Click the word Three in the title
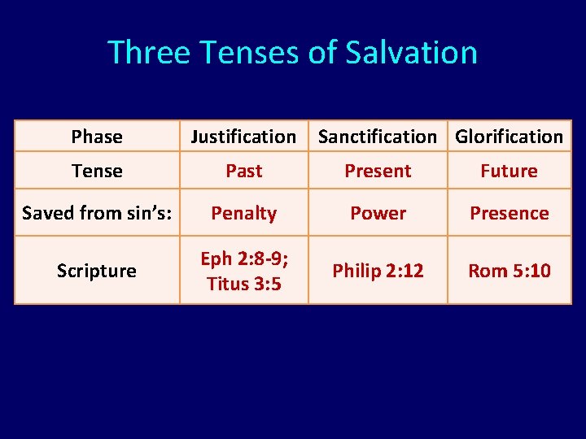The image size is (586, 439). (144, 53)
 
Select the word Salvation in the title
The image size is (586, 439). (411, 53)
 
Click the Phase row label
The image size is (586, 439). (97, 137)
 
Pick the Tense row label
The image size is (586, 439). (97, 171)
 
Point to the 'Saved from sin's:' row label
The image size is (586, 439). (97, 213)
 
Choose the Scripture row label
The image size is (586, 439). (97, 271)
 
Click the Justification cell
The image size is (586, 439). (243, 137)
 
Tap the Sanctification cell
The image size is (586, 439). (377, 137)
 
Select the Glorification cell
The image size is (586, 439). (509, 137)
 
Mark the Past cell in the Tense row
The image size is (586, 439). (243, 171)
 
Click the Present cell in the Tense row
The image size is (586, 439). (378, 171)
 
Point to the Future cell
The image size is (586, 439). (509, 171)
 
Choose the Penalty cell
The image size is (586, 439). (243, 213)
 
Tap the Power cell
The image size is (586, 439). (378, 213)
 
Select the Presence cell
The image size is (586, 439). (509, 213)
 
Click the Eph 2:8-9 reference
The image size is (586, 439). (243, 259)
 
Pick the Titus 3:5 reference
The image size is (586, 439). (243, 283)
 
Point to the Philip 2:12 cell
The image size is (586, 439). (378, 271)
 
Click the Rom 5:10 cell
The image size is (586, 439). (509, 271)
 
